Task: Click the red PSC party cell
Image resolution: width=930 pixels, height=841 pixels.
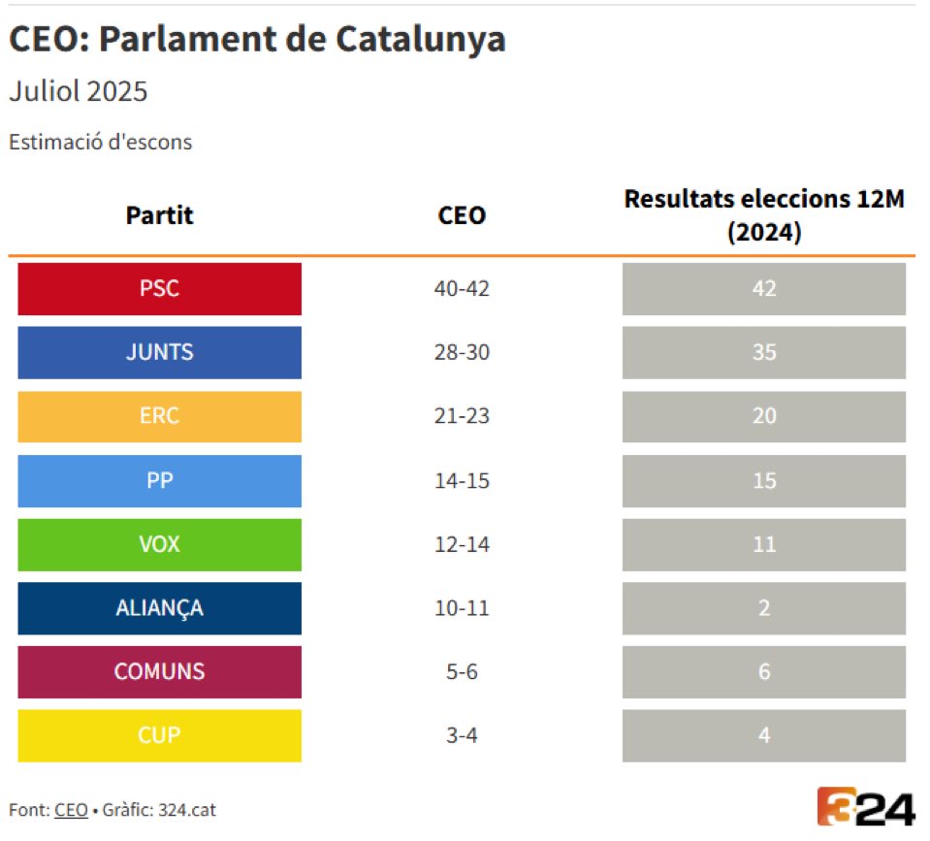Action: pyautogui.click(x=159, y=289)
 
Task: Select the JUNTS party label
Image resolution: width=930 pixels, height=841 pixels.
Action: pyautogui.click(x=159, y=352)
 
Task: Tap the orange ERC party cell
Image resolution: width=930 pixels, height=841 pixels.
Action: pyautogui.click(x=159, y=416)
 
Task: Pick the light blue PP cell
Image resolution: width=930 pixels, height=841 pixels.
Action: pyautogui.click(x=159, y=480)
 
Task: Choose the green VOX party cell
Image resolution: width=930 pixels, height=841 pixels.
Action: pyautogui.click(x=159, y=544)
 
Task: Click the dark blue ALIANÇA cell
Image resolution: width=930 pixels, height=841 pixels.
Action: pyautogui.click(x=159, y=608)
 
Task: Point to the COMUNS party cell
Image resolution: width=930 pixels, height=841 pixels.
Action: pyautogui.click(x=159, y=671)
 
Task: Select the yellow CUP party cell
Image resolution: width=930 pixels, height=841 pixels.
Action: pyautogui.click(x=159, y=735)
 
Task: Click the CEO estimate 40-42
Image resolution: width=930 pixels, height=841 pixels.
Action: pyautogui.click(x=462, y=289)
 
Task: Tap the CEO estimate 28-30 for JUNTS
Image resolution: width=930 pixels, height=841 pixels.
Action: pyautogui.click(x=462, y=352)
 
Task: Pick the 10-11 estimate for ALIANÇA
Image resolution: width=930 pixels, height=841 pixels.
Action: pyautogui.click(x=462, y=608)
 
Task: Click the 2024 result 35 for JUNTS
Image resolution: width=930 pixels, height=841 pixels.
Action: pyautogui.click(x=764, y=352)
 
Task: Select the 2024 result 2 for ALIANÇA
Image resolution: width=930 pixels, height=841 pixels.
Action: pyautogui.click(x=764, y=608)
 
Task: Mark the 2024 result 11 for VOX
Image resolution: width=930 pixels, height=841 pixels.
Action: pyautogui.click(x=764, y=544)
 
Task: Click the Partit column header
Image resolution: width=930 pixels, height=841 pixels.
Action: pyautogui.click(x=159, y=215)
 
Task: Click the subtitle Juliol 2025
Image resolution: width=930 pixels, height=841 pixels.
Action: pyautogui.click(x=79, y=92)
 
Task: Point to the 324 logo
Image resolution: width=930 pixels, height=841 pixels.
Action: pyautogui.click(x=865, y=807)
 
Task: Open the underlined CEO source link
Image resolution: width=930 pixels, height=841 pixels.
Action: pyautogui.click(x=71, y=809)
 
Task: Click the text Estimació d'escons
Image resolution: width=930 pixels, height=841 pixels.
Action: pyautogui.click(x=101, y=142)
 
